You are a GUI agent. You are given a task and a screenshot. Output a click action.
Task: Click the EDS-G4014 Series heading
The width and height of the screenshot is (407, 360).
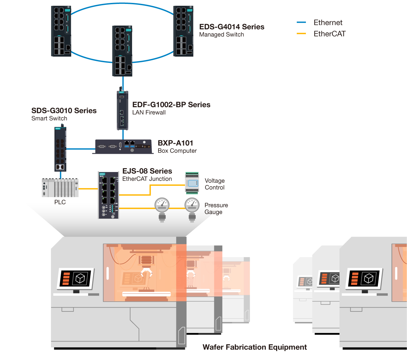(x=232, y=27)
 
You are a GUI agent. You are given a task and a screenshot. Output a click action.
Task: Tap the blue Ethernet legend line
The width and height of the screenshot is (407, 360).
(x=301, y=22)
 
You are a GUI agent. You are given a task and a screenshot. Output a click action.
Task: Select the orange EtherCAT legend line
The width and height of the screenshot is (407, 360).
(x=301, y=34)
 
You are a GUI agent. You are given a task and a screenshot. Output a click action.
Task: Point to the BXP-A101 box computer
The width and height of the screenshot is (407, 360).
(x=123, y=147)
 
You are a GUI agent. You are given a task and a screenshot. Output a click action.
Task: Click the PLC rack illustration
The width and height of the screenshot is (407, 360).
(x=60, y=187)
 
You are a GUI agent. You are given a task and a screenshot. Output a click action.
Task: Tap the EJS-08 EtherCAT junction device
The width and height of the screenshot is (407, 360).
(x=109, y=195)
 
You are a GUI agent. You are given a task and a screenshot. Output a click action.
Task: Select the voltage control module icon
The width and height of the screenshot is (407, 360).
(x=192, y=183)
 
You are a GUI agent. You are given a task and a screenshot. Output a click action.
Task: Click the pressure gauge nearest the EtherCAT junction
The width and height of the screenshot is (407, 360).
(x=162, y=210)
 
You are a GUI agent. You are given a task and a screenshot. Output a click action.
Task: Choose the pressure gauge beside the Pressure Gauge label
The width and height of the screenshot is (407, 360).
(x=192, y=210)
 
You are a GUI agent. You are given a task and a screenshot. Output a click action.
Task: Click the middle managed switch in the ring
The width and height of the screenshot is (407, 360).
(x=122, y=51)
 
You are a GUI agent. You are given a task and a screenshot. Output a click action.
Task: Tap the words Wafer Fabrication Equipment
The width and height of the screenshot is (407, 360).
(x=254, y=347)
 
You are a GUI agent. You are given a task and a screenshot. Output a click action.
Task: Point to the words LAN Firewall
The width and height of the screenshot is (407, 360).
(x=149, y=112)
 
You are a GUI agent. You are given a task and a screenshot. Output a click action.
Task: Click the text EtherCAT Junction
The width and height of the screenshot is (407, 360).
(x=147, y=179)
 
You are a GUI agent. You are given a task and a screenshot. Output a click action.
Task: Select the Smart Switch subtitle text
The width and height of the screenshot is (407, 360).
(x=49, y=118)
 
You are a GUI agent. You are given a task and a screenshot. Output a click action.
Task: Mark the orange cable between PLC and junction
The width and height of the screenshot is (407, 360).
(x=88, y=189)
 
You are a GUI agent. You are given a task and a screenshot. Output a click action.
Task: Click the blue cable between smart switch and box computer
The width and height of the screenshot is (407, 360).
(x=81, y=149)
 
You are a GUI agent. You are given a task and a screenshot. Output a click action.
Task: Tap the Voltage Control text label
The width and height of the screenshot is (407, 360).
(x=215, y=184)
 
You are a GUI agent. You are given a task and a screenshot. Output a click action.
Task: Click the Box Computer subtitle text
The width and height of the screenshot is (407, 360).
(x=177, y=151)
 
